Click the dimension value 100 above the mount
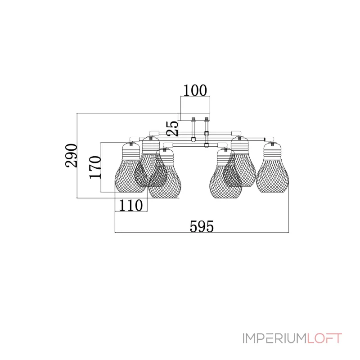[x=195, y=90]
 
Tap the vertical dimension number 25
[x=173, y=129]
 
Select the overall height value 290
[x=71, y=155]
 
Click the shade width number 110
[x=130, y=206]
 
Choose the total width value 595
[x=202, y=227]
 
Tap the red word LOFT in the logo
[x=324, y=338]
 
